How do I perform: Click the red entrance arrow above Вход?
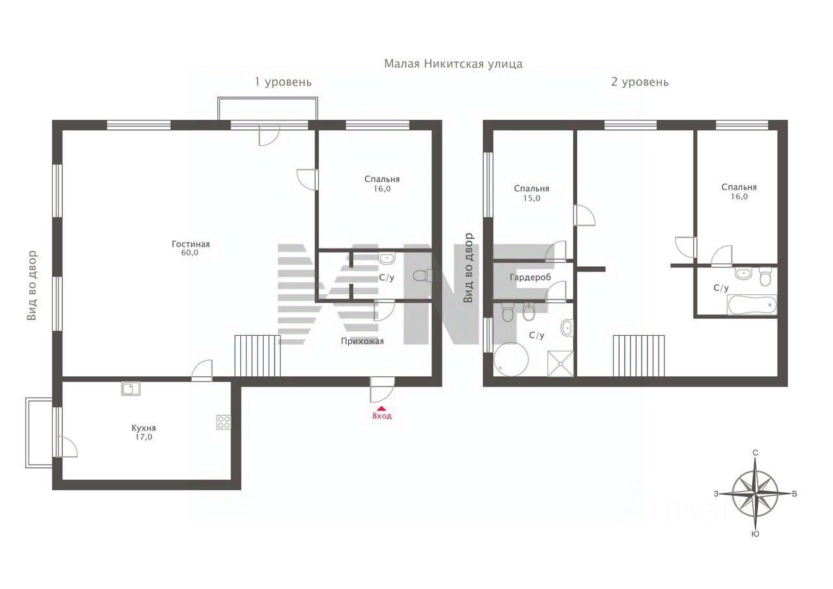pos(382,408)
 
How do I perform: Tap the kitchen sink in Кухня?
pos(131,389)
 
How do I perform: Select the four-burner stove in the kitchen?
pos(223,422)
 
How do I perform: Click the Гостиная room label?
pos(191,244)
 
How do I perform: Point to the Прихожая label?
pos(362,341)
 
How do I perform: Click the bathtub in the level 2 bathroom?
pos(752,305)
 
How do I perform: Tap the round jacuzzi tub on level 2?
pos(512,359)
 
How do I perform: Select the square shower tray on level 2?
pos(560,364)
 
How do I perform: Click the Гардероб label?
pos(530,277)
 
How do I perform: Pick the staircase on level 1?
pos(257,356)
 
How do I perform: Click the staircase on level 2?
pos(638,356)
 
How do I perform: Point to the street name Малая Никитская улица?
pos(453,64)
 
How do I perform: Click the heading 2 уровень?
pos(640,82)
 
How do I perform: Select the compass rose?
pos(755,494)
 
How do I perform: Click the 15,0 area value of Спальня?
pos(532,199)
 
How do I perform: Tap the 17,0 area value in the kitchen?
pos(144,437)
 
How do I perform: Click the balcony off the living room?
pos(267,109)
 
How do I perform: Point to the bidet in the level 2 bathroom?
pos(528,312)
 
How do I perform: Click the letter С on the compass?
pos(756,453)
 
